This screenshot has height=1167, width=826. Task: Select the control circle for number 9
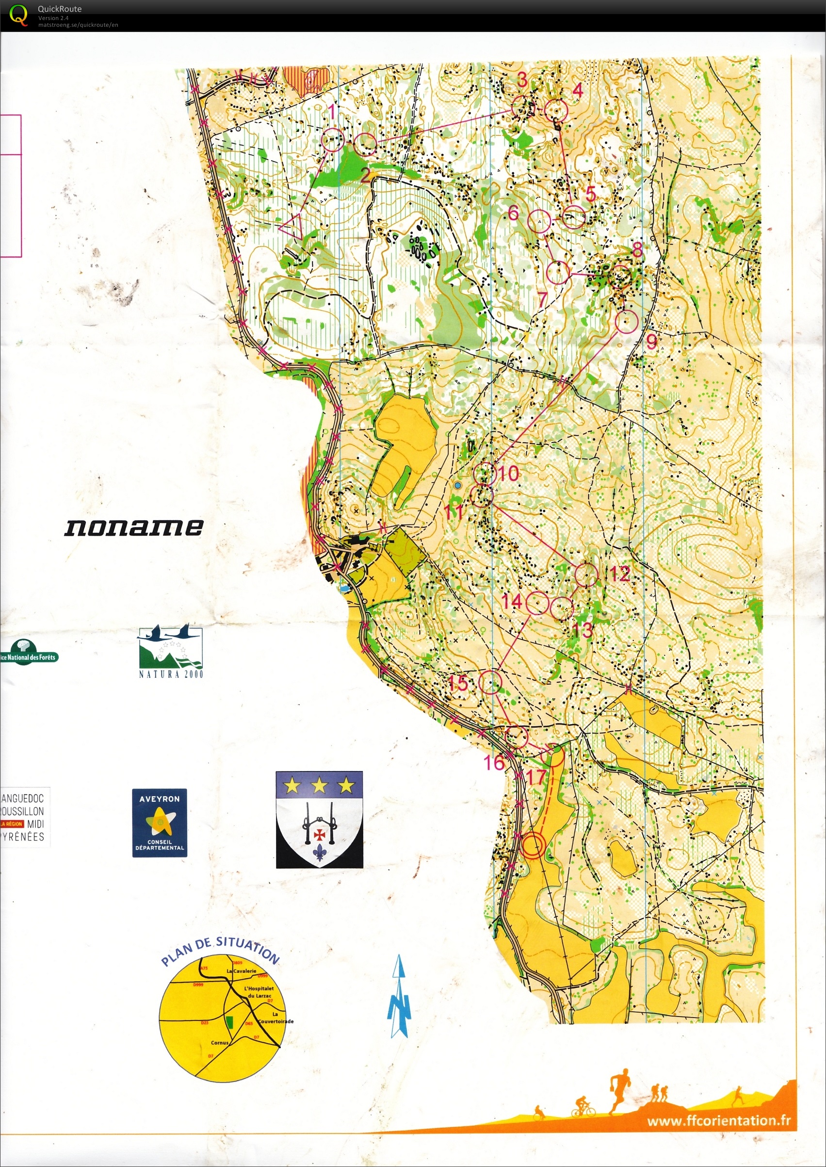tap(627, 322)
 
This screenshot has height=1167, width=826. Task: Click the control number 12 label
tap(619, 574)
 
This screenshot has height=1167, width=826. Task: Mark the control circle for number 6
tap(539, 221)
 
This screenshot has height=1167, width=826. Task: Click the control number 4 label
tap(577, 90)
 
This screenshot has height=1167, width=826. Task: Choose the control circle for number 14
tap(537, 603)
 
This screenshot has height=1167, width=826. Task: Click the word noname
tap(134, 527)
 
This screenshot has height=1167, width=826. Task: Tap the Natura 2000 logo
tap(170, 651)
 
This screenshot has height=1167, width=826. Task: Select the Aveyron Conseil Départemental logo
tap(159, 822)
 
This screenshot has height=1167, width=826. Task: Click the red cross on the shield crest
tap(320, 834)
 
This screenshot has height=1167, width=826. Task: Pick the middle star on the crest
tap(319, 786)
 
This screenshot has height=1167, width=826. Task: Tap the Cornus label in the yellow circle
tap(220, 1042)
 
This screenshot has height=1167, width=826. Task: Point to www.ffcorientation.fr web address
tap(718, 1121)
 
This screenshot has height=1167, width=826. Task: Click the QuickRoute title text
tap(60, 9)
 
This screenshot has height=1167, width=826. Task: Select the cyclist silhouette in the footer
tap(584, 1106)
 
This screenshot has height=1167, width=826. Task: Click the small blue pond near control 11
tap(458, 486)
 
